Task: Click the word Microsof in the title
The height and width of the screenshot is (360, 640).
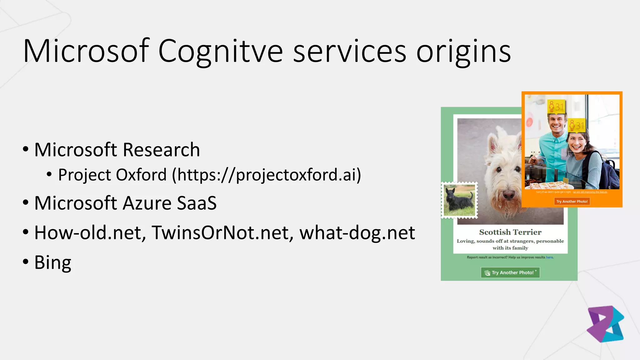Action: [86, 51]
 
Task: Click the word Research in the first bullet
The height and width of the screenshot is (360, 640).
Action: [161, 150]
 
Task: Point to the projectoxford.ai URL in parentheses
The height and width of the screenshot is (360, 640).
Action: [267, 175]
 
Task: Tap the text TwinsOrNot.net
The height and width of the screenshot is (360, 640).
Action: [222, 233]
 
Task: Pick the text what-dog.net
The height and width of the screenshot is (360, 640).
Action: [357, 233]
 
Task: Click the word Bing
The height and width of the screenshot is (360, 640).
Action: [53, 262]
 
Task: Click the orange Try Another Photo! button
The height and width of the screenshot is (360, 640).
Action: [572, 202]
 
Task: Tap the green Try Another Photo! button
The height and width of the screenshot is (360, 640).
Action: [510, 272]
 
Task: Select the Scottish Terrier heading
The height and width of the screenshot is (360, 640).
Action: [510, 232]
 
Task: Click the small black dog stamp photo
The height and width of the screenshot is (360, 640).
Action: [459, 200]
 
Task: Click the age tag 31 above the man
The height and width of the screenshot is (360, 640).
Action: [556, 107]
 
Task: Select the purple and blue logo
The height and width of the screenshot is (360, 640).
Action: [605, 324]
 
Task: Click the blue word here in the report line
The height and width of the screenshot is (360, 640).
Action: [549, 257]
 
